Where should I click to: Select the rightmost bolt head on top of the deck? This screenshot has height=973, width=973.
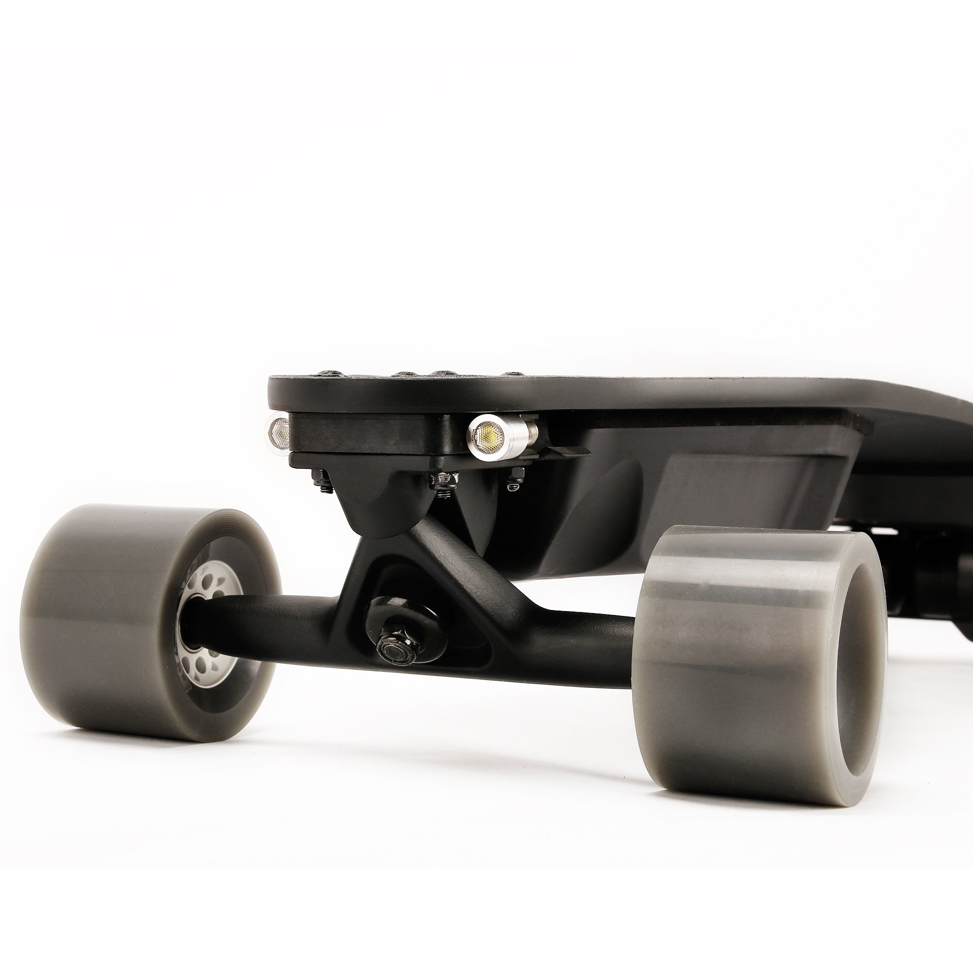[x=513, y=375]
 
